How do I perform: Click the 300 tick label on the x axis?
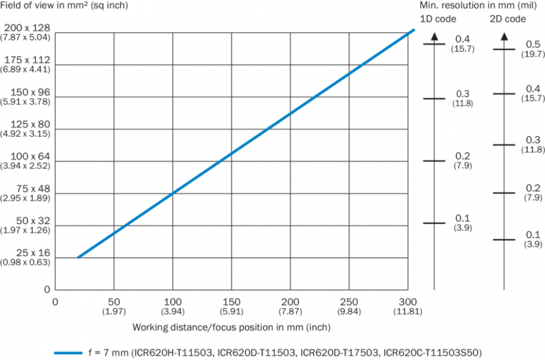point(407,301)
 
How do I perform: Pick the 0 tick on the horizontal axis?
point(56,301)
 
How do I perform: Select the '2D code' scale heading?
point(507,19)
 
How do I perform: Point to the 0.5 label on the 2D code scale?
point(532,44)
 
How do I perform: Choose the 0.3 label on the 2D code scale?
point(532,140)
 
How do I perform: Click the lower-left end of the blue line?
point(79,257)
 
